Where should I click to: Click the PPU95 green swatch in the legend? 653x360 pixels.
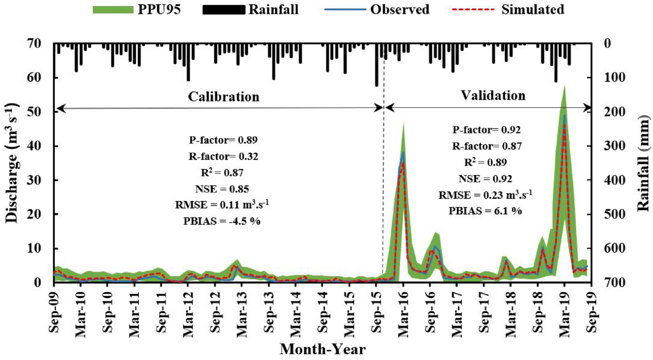(113, 10)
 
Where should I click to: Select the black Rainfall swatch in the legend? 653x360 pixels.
(224, 10)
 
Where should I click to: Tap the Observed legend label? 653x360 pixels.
(399, 10)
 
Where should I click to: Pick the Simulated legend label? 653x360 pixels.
(532, 10)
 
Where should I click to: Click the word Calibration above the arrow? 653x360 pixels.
(224, 96)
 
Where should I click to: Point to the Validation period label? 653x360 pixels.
(493, 95)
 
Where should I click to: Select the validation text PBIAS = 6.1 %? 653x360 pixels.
(485, 211)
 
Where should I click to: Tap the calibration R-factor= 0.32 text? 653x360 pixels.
(223, 156)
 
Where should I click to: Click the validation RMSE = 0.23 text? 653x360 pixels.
(485, 195)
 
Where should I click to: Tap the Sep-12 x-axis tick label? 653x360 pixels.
(215, 312)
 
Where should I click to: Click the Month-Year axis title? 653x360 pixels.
(323, 349)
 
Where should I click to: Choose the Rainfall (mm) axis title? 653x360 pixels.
(643, 163)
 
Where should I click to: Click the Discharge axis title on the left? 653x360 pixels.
(12, 163)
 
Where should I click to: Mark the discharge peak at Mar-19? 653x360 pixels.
(565, 115)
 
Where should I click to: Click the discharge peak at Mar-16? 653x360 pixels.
(403, 153)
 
